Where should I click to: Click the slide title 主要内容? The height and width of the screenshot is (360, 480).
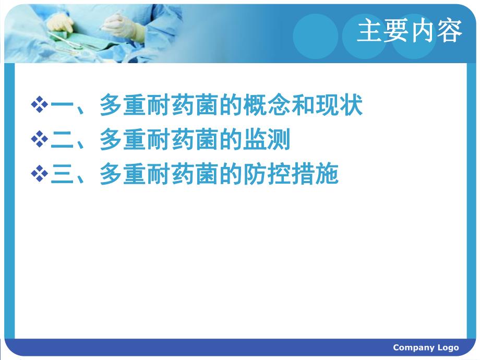point(410,32)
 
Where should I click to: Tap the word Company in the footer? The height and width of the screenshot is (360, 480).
point(412,347)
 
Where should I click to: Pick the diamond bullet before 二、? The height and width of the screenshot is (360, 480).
point(39,140)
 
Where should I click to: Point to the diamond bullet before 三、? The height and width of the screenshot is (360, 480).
point(39,174)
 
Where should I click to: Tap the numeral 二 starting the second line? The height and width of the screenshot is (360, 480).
point(62,140)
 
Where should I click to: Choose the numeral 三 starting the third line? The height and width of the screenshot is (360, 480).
point(62,174)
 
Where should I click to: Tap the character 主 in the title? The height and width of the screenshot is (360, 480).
point(370,32)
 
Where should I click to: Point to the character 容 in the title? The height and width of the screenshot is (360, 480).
point(450,32)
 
